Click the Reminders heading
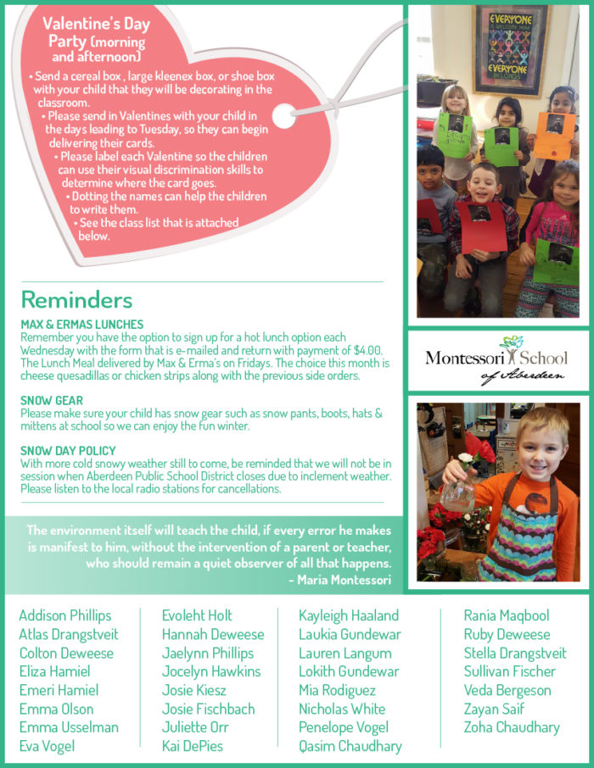(76, 300)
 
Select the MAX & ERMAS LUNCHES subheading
(82, 325)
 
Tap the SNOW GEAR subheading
(52, 400)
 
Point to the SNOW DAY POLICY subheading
(68, 451)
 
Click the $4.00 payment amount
(367, 350)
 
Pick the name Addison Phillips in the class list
(65, 615)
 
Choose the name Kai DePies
(193, 746)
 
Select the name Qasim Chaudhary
(350, 746)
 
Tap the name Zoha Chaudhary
(512, 727)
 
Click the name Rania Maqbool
(507, 615)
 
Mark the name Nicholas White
(342, 709)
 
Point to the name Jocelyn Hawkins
(211, 671)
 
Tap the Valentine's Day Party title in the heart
(96, 39)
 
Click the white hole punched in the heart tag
(284, 116)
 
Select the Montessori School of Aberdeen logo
(496, 360)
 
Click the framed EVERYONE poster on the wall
(511, 51)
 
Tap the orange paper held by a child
(555, 136)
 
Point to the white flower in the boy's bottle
(465, 459)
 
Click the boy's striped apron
(521, 531)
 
